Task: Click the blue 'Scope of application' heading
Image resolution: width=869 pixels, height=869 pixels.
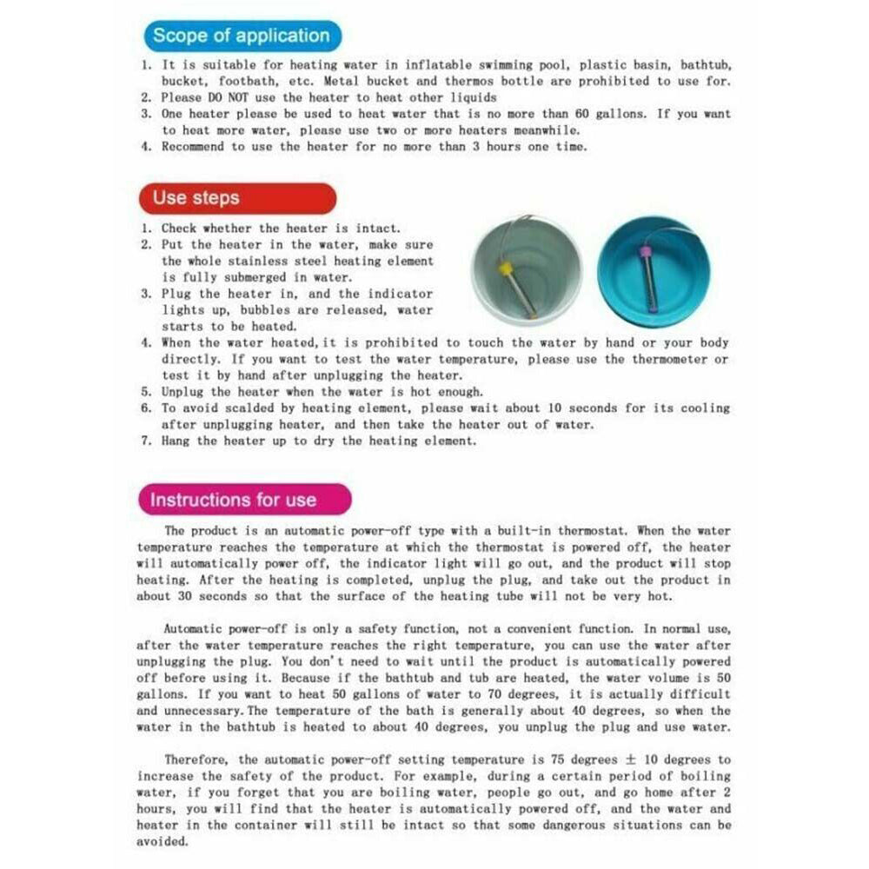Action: pyautogui.click(x=241, y=36)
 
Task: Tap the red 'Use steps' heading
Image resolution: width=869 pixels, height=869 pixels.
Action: pyautogui.click(x=196, y=197)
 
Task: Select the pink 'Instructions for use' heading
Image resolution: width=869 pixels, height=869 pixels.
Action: pyautogui.click(x=234, y=500)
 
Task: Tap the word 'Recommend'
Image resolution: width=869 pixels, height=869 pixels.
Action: pyautogui.click(x=192, y=146)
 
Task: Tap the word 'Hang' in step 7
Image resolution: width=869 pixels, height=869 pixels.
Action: pyautogui.click(x=175, y=441)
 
